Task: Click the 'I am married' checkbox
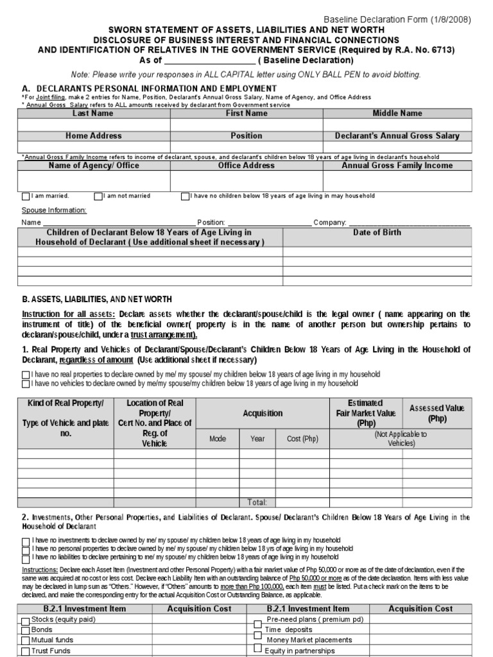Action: click(26, 196)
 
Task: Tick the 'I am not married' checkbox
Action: click(98, 196)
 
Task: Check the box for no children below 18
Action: click(185, 196)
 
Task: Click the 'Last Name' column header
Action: click(93, 114)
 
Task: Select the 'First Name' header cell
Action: click(246, 114)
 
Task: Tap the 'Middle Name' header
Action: click(397, 114)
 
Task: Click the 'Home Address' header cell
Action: click(93, 136)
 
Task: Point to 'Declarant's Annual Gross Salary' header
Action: click(397, 136)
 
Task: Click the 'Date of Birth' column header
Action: click(377, 233)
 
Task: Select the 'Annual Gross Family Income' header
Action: click(397, 166)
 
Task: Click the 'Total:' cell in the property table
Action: click(257, 502)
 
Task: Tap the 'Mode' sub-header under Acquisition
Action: click(218, 439)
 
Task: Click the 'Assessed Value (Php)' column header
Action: click(437, 413)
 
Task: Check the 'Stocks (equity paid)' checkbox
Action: click(26, 620)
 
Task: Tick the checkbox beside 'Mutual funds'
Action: click(26, 641)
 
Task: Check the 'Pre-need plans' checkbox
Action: click(257, 622)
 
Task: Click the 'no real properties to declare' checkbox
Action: click(26, 375)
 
